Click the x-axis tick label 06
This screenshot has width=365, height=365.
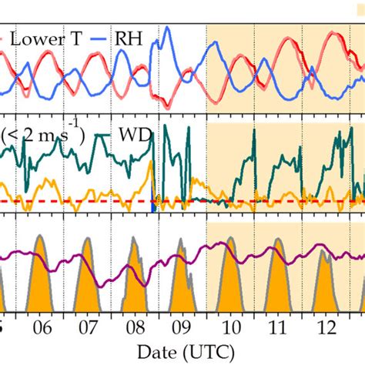pyautogui.click(x=43, y=327)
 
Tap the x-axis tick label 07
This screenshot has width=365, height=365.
pyautogui.click(x=89, y=327)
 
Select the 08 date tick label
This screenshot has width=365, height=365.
pyautogui.click(x=136, y=327)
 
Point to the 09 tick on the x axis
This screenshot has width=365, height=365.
pyautogui.click(x=182, y=327)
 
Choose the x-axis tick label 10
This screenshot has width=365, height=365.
pyautogui.click(x=229, y=327)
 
